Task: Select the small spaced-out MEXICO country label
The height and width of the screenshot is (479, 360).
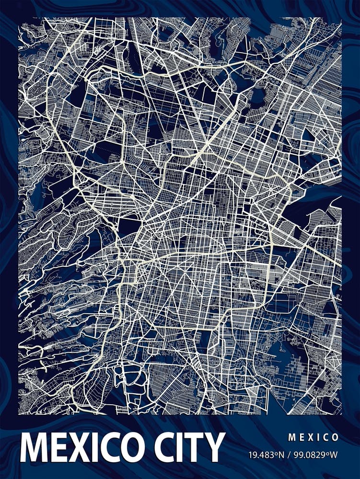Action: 314,437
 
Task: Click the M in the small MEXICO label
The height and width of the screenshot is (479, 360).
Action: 291,437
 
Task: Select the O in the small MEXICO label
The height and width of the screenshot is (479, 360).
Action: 335,437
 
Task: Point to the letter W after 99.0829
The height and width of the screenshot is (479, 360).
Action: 336,454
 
